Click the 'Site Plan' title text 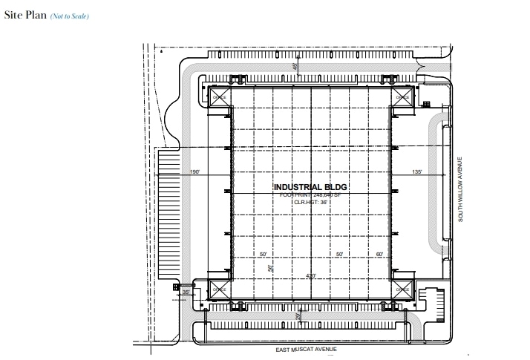(x=25, y=16)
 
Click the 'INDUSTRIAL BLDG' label (x=310, y=186)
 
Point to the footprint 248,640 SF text (x=310, y=194)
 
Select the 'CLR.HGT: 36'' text (x=310, y=201)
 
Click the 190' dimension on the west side (x=195, y=172)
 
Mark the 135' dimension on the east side (x=416, y=172)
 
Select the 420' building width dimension (x=312, y=276)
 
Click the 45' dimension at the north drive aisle (x=295, y=67)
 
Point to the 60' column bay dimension (x=379, y=255)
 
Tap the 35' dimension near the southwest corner (x=186, y=292)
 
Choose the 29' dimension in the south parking (x=298, y=317)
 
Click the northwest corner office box (x=219, y=96)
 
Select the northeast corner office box (x=402, y=96)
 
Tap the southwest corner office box (x=219, y=290)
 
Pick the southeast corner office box (x=402, y=290)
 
